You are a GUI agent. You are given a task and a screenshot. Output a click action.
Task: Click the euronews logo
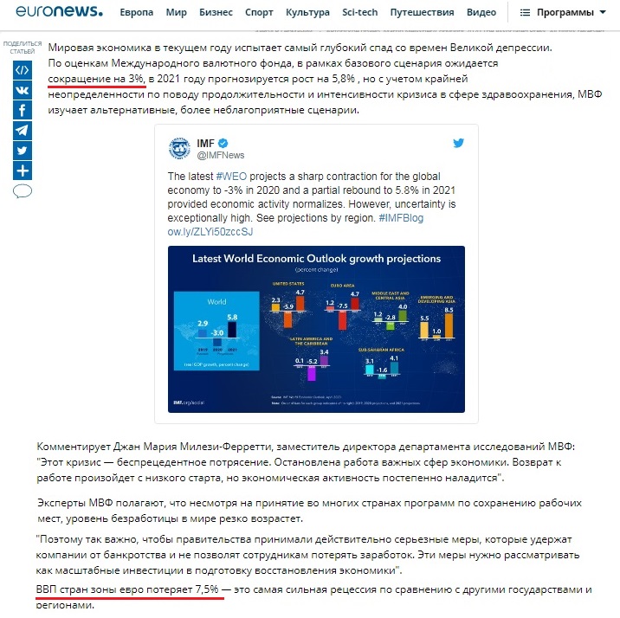(x=59, y=12)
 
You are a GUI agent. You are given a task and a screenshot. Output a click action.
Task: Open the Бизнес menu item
(x=216, y=13)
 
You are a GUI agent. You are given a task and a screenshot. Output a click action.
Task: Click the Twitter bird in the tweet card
(x=458, y=143)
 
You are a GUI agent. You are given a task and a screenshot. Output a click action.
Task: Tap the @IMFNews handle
(x=221, y=155)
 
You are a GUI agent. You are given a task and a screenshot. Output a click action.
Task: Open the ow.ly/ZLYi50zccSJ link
(x=210, y=232)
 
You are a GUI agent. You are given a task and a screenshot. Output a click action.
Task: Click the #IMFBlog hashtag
(x=401, y=218)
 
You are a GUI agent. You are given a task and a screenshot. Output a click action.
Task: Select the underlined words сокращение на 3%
(x=96, y=79)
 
